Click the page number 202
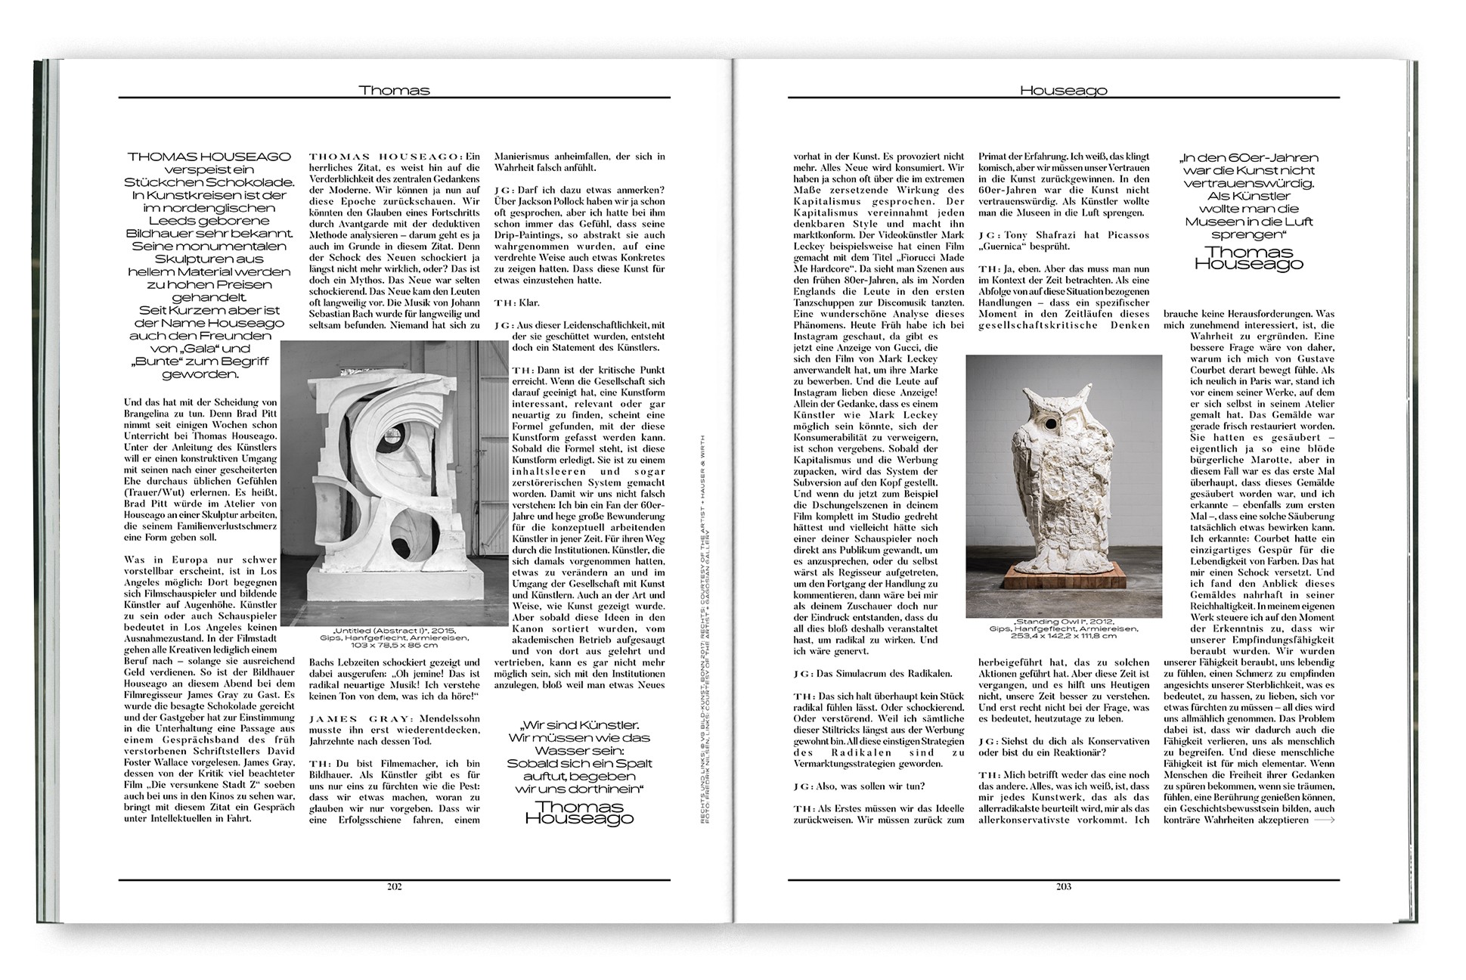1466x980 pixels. click(394, 886)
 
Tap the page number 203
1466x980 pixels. click(1063, 886)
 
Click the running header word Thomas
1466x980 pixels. click(394, 90)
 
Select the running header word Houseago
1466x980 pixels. click(1063, 90)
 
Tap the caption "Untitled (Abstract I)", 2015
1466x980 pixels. click(393, 631)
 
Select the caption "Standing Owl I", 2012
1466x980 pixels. click(1064, 622)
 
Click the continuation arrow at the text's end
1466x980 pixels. click(1324, 820)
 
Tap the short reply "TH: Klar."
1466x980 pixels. click(516, 302)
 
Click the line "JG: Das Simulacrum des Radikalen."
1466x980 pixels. click(872, 673)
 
